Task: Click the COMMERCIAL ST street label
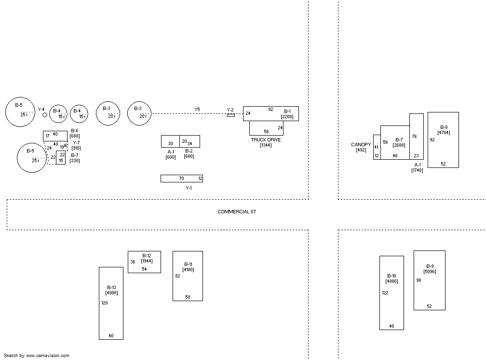click(x=236, y=212)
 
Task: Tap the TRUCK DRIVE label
click(x=266, y=140)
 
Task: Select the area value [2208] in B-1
click(x=287, y=117)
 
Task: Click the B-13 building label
click(x=111, y=287)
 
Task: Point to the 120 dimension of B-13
click(x=105, y=303)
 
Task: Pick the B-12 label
click(x=147, y=255)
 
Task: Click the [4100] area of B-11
click(x=188, y=270)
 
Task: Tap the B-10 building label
click(x=391, y=276)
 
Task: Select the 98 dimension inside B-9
click(x=418, y=280)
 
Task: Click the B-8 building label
click(x=444, y=127)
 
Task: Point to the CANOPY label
click(x=361, y=145)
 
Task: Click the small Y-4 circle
click(x=45, y=115)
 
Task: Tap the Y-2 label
click(x=230, y=110)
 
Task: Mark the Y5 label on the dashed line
click(x=197, y=110)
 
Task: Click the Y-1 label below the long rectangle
click(x=189, y=188)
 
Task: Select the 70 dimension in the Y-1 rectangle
click(x=181, y=179)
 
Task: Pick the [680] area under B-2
click(x=189, y=156)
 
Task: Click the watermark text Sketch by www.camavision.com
click(x=36, y=356)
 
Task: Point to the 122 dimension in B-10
click(x=385, y=293)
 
